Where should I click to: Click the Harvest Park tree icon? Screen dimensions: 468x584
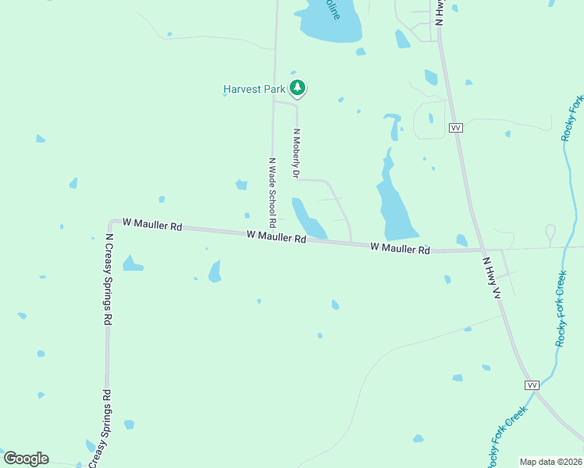click(297, 88)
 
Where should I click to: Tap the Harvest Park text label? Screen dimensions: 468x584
click(255, 89)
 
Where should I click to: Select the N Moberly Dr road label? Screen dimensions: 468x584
click(297, 152)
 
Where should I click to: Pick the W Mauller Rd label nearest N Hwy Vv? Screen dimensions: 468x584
click(400, 248)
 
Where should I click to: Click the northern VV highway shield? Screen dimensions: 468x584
click(456, 127)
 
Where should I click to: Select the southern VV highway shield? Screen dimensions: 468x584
click(532, 385)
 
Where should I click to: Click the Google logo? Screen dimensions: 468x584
click(26, 459)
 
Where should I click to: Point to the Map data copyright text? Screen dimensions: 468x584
click(551, 462)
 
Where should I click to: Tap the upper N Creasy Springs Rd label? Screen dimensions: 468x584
click(110, 279)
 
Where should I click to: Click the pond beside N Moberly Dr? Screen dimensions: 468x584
click(307, 219)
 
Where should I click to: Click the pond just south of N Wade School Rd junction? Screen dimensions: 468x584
click(215, 271)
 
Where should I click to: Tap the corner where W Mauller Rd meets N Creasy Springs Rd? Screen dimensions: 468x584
click(110, 223)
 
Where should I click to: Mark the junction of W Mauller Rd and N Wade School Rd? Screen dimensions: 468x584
click(272, 234)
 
